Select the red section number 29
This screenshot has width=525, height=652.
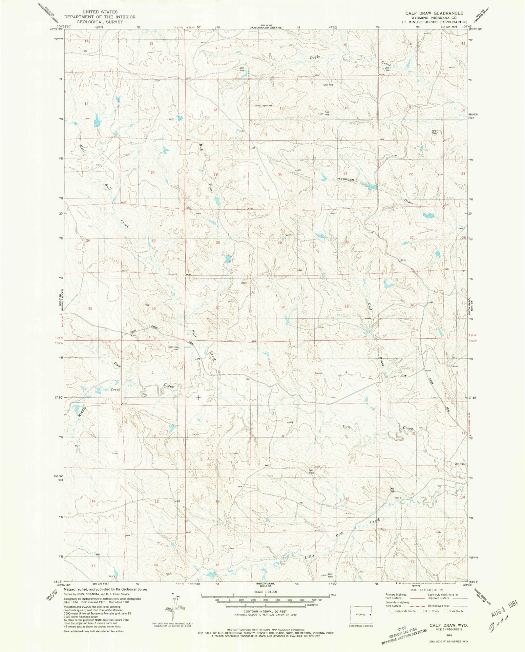[x=280, y=242]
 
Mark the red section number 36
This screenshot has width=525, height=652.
[x=153, y=308]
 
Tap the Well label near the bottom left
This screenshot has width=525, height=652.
[x=98, y=555]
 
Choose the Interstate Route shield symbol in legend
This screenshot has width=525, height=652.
[x=392, y=611]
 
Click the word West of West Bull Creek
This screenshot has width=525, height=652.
[x=82, y=148]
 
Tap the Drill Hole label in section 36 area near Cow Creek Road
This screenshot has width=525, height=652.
[x=173, y=347]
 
